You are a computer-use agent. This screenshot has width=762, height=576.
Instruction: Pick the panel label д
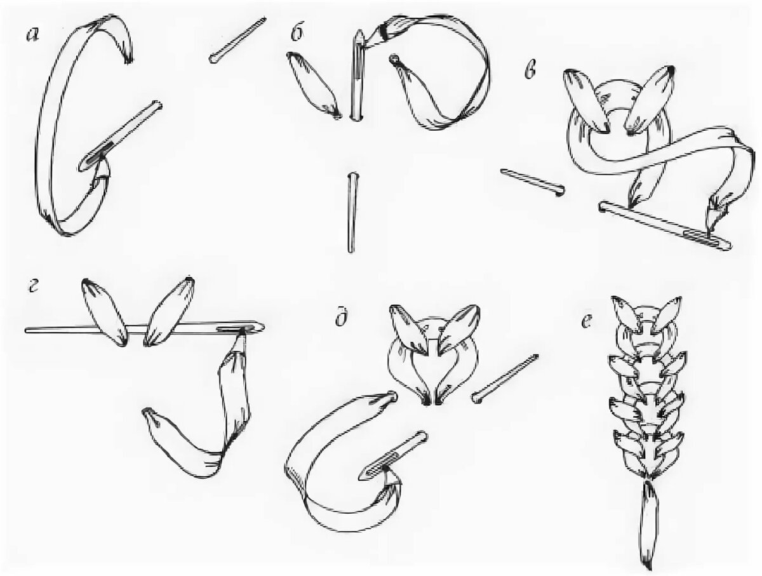pos(342,318)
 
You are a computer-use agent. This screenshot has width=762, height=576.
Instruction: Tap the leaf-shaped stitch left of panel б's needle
pos(314,86)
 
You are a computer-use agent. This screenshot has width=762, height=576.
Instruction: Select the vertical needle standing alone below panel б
pos(352,213)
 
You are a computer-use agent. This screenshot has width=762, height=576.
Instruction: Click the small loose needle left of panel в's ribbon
pos(533,182)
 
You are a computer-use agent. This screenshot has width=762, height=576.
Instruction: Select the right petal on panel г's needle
pos(169,311)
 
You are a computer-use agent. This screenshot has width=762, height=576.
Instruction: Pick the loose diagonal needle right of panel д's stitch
pos(504,378)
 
